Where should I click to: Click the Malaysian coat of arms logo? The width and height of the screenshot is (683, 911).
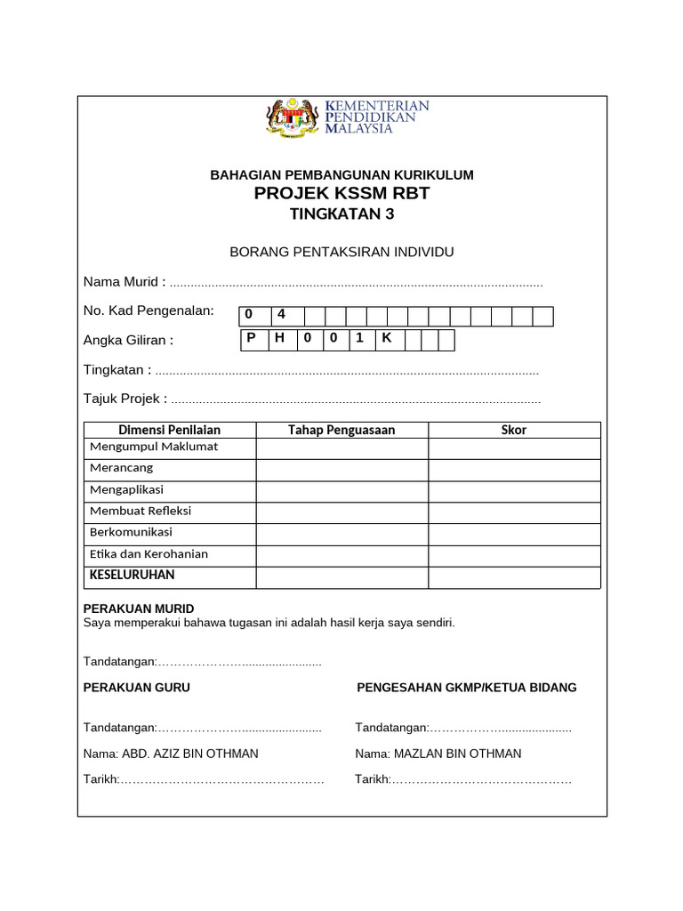[x=292, y=117]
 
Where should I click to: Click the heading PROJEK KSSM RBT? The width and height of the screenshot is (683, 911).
[x=341, y=193]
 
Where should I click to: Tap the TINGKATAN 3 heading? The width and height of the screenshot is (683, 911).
[x=341, y=214]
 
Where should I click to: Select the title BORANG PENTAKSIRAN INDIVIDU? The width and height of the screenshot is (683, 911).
[x=341, y=253]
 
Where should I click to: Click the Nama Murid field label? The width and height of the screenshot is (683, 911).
[x=125, y=282]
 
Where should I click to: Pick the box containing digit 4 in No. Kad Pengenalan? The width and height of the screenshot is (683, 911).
[x=282, y=316]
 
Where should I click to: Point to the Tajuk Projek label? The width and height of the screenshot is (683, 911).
[x=125, y=399]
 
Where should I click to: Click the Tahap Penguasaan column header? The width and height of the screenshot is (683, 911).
[x=341, y=430]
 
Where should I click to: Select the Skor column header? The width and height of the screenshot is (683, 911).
[x=514, y=430]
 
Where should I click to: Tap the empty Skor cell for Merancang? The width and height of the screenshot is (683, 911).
[x=514, y=469]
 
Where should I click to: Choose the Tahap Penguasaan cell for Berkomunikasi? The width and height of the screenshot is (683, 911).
[x=341, y=534]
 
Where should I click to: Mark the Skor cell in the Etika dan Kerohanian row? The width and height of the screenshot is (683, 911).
[x=514, y=555]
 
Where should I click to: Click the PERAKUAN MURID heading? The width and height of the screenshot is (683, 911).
[x=138, y=609]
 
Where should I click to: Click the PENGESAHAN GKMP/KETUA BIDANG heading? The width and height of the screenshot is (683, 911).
[x=467, y=688]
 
